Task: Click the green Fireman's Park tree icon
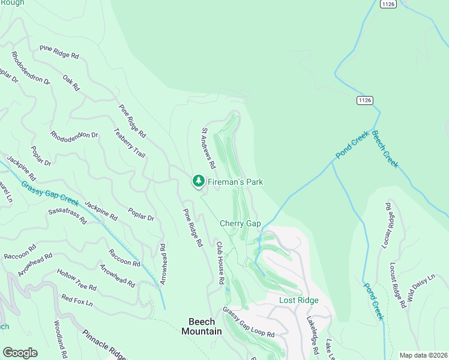[x=199, y=181]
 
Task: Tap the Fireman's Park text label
[x=235, y=182]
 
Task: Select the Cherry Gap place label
[x=240, y=223]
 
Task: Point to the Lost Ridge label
[x=298, y=300]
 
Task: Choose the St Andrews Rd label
[x=208, y=148]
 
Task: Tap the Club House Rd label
[x=220, y=263]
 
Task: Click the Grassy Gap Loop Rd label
[x=248, y=322]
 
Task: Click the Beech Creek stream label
[x=385, y=149]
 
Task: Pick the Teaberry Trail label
[x=129, y=143]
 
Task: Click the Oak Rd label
[x=71, y=83]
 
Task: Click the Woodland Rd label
[x=59, y=339]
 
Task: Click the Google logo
[x=20, y=353]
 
